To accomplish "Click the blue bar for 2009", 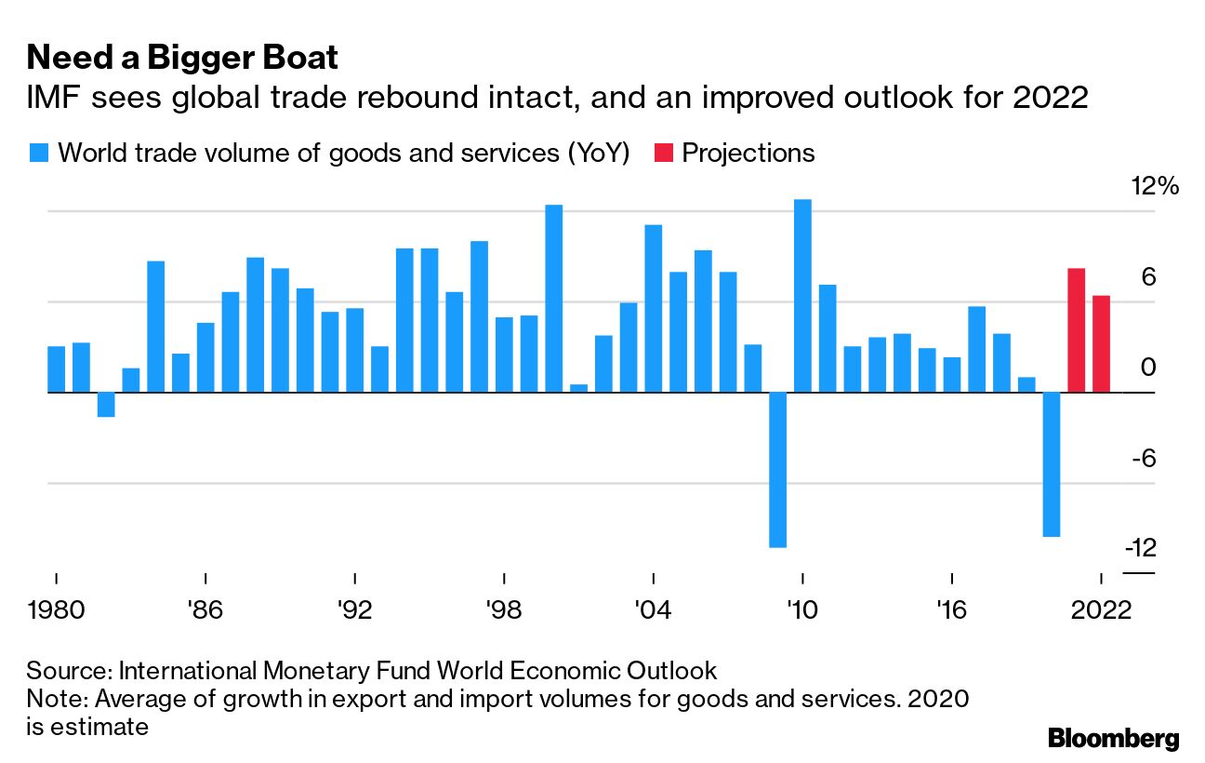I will [777, 469].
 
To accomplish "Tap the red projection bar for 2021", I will [1077, 330].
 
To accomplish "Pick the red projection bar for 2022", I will [1101, 343].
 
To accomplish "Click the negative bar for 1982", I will [106, 405].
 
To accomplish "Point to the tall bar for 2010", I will [802, 296].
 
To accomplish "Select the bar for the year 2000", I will [553, 298].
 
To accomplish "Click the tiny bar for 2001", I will [578, 388].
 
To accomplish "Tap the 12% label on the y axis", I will [1154, 186].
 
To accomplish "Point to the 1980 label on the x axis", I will [57, 611].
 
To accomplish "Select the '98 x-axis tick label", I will [503, 611].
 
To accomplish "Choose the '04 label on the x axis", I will [653, 611].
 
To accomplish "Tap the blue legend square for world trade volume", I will [38, 154].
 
